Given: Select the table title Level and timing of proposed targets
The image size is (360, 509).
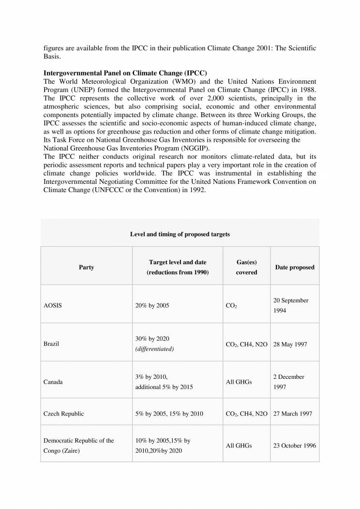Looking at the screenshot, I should (x=180, y=234).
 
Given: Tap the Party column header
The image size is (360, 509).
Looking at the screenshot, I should (x=86, y=267).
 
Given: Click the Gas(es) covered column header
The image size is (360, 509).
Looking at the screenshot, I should (x=246, y=267).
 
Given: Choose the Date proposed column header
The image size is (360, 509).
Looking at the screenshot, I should (x=295, y=267).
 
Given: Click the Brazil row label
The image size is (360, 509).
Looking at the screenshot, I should (x=52, y=344).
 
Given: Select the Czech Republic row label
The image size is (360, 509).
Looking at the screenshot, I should (x=63, y=414).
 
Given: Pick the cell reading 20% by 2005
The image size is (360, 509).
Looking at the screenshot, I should (x=152, y=306).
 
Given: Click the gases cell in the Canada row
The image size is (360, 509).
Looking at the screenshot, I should (x=239, y=382).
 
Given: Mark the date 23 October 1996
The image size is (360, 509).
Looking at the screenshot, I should (x=295, y=446).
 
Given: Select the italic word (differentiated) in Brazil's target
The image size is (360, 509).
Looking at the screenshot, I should (x=155, y=349).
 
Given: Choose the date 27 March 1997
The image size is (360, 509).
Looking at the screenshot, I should (x=293, y=414).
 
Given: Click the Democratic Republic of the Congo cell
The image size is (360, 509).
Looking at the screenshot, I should (x=79, y=445).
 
